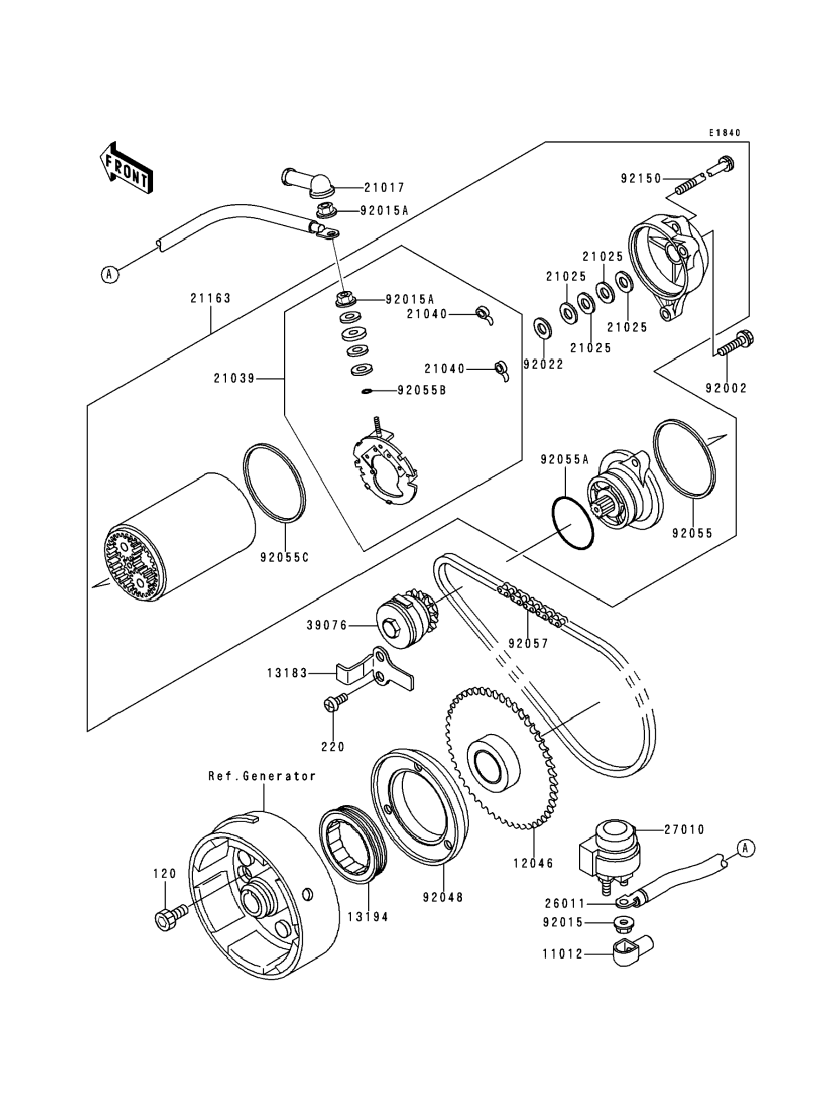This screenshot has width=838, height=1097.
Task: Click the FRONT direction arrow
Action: (126, 168)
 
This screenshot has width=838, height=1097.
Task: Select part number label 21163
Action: (210, 298)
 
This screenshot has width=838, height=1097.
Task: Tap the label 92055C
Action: (284, 557)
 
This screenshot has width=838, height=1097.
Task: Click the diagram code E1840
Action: (725, 133)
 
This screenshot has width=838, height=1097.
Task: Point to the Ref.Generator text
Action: (262, 776)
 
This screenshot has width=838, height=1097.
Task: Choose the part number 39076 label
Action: (327, 625)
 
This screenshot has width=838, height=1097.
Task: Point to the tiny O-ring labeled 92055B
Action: (367, 392)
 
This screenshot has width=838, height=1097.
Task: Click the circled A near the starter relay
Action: (745, 848)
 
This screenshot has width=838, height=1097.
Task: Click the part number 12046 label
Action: (534, 863)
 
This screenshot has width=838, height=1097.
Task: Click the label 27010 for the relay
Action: (684, 830)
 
